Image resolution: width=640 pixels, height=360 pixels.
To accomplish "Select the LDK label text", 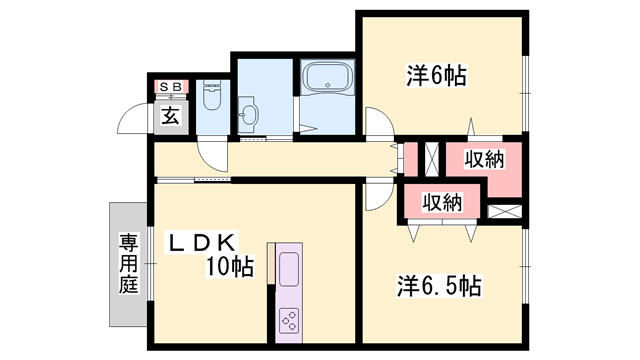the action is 202,242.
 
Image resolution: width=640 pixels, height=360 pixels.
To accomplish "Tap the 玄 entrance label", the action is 170,116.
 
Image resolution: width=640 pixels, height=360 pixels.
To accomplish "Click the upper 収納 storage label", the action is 484,159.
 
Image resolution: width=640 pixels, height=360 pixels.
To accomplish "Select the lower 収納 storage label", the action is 441,202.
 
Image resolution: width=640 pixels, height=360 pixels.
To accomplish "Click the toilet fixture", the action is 211,98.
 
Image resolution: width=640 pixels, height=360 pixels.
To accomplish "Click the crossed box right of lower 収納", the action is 506,211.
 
